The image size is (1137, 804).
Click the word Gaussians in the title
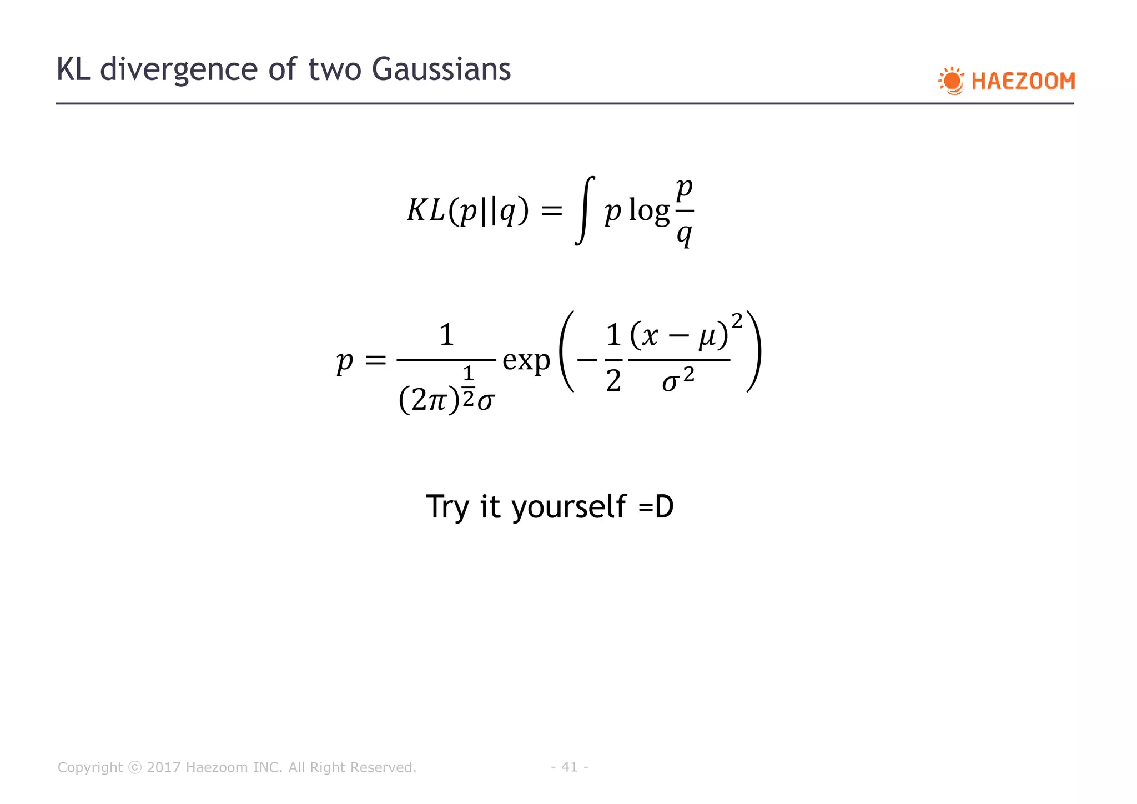tap(441, 69)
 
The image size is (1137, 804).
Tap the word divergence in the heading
tap(179, 69)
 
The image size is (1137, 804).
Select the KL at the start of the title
tap(74, 69)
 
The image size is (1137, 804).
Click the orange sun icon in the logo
tap(952, 81)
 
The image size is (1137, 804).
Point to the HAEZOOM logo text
tap(1023, 82)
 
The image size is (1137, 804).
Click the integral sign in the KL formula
tap(585, 210)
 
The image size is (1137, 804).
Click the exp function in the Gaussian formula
tap(526, 360)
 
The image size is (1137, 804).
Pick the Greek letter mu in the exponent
tap(708, 336)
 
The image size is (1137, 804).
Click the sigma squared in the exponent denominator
tap(678, 380)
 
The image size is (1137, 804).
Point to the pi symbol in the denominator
tap(436, 399)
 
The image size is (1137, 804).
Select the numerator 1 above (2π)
tap(446, 335)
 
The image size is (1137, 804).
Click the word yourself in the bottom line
tap(569, 506)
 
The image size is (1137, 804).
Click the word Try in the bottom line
tap(449, 506)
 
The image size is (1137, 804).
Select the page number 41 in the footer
tap(570, 767)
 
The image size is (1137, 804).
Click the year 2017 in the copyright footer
tap(163, 767)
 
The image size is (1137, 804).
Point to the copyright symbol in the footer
tap(135, 767)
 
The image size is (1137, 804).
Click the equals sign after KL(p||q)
tap(551, 211)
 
